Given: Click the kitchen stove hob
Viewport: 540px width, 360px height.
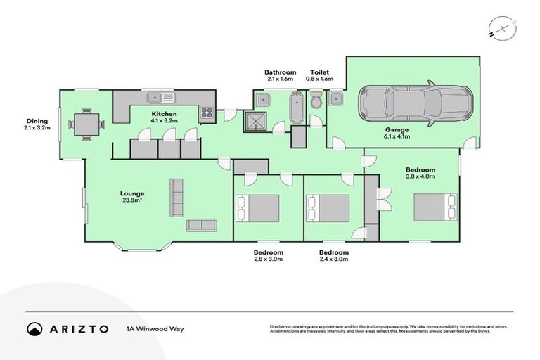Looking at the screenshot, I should point(207,111).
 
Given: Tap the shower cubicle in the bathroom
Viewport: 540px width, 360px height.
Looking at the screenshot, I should point(253,121).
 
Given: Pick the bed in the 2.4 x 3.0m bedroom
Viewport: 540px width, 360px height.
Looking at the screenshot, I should point(328,208).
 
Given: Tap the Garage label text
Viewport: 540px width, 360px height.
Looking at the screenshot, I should point(396,130).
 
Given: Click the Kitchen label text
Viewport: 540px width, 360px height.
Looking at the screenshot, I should point(165,114).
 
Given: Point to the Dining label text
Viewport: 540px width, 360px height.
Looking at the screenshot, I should point(37,121).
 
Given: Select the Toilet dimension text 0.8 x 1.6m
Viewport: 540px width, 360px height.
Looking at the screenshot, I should point(317,79).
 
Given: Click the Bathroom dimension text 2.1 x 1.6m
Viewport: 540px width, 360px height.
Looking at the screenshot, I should point(280,79).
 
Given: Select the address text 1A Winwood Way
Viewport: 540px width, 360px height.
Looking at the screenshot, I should point(155,328).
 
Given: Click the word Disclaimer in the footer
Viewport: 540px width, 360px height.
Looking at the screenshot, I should point(283,326).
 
